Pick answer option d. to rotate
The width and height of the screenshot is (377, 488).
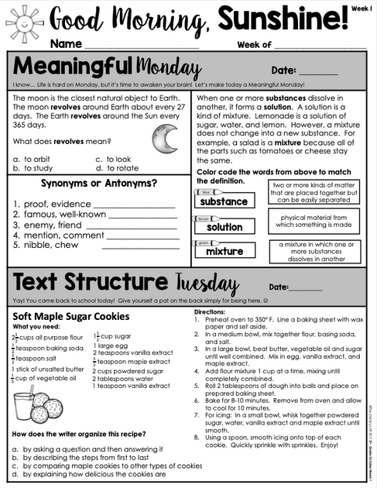pyautogui.click(x=117, y=168)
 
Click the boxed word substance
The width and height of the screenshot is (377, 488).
pyautogui.click(x=224, y=201)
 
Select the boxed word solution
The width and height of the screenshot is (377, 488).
pyautogui.click(x=224, y=227)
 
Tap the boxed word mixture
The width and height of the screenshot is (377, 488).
pyautogui.click(x=224, y=252)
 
